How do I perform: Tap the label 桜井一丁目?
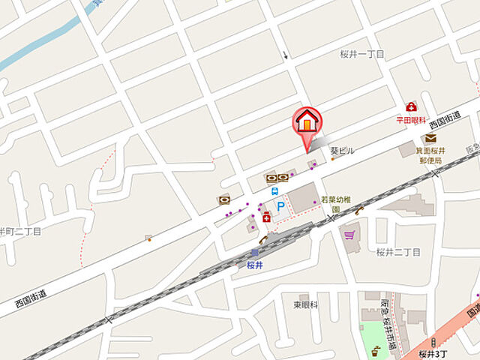click(x=361, y=54)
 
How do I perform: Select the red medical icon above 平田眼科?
click(x=411, y=106)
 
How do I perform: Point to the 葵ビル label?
click(x=342, y=151)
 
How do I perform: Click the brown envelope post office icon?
click(x=430, y=138)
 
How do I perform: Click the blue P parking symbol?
click(x=279, y=205)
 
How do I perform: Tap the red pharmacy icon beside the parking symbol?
click(x=265, y=217)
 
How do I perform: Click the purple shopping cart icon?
click(x=349, y=235)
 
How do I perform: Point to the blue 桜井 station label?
click(x=254, y=264)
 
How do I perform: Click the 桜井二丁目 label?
click(x=398, y=252)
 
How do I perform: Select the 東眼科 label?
click(x=305, y=304)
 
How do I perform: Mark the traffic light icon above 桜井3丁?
click(x=433, y=342)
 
